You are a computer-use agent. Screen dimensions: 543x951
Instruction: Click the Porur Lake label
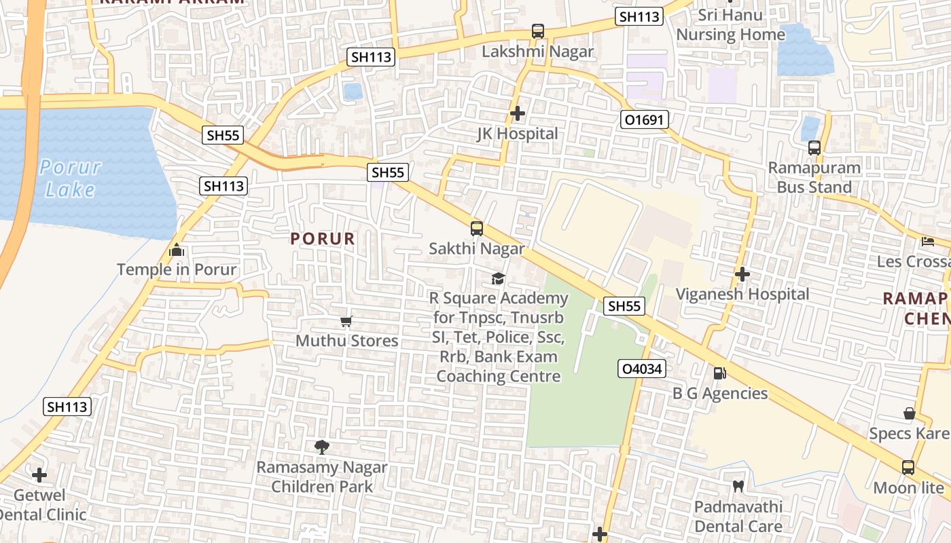click(70, 178)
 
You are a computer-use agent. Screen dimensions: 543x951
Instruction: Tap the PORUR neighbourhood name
click(323, 239)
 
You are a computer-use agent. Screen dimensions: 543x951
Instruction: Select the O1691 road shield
click(645, 120)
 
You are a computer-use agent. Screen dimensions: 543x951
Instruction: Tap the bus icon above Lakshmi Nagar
click(538, 31)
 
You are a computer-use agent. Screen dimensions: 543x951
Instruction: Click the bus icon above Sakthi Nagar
click(477, 228)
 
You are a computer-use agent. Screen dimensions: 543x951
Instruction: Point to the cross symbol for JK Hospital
click(518, 113)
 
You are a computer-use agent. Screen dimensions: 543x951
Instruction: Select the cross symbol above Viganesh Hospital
click(742, 274)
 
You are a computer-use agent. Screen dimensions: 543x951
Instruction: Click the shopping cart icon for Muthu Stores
click(346, 321)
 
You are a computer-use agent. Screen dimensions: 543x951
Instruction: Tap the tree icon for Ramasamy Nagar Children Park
click(322, 447)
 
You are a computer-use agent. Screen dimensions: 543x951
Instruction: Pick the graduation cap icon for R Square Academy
click(499, 279)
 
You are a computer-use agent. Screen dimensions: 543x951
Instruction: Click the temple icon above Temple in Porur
click(177, 250)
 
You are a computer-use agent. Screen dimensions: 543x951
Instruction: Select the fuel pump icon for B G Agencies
click(719, 373)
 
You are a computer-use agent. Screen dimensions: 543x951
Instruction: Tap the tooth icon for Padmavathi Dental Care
click(738, 487)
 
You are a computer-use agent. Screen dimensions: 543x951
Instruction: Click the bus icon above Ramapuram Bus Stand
click(814, 147)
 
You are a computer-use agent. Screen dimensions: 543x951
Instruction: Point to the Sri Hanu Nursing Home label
click(730, 24)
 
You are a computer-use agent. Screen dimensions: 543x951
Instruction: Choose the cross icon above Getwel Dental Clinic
click(40, 474)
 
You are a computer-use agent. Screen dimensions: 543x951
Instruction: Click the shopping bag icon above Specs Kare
click(909, 413)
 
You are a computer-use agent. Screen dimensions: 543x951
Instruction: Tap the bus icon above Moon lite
click(908, 467)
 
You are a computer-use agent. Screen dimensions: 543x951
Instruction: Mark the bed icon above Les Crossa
click(928, 241)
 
